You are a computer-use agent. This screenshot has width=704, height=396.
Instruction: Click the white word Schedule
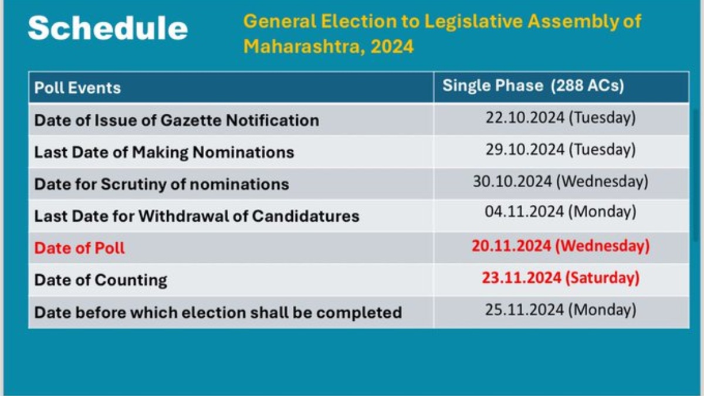(108, 28)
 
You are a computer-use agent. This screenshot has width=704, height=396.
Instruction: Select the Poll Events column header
(77, 87)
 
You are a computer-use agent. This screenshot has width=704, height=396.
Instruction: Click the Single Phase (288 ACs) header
(533, 86)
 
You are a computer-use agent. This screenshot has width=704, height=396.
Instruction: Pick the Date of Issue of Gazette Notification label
(177, 120)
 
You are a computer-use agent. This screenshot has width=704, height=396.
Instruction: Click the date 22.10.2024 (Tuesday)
(561, 118)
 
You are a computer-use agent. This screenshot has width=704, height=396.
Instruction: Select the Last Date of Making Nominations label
(164, 153)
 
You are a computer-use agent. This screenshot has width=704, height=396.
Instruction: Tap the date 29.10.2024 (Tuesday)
(561, 150)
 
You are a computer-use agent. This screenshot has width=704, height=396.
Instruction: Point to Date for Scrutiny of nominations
(161, 184)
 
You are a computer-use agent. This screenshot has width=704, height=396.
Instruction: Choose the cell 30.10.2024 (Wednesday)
(561, 182)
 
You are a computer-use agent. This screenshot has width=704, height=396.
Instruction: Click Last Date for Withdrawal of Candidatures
(197, 216)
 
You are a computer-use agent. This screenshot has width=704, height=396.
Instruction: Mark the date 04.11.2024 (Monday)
(561, 212)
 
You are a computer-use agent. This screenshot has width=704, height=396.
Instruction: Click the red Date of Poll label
(80, 248)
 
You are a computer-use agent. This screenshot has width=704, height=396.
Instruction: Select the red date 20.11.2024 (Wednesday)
(561, 246)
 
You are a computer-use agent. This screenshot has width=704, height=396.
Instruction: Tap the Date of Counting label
(100, 280)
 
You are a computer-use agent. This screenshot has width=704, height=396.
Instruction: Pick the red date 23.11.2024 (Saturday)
(561, 278)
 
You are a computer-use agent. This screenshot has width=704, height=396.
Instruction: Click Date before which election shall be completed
(218, 313)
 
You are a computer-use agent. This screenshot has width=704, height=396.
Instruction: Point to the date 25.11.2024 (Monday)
(561, 310)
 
